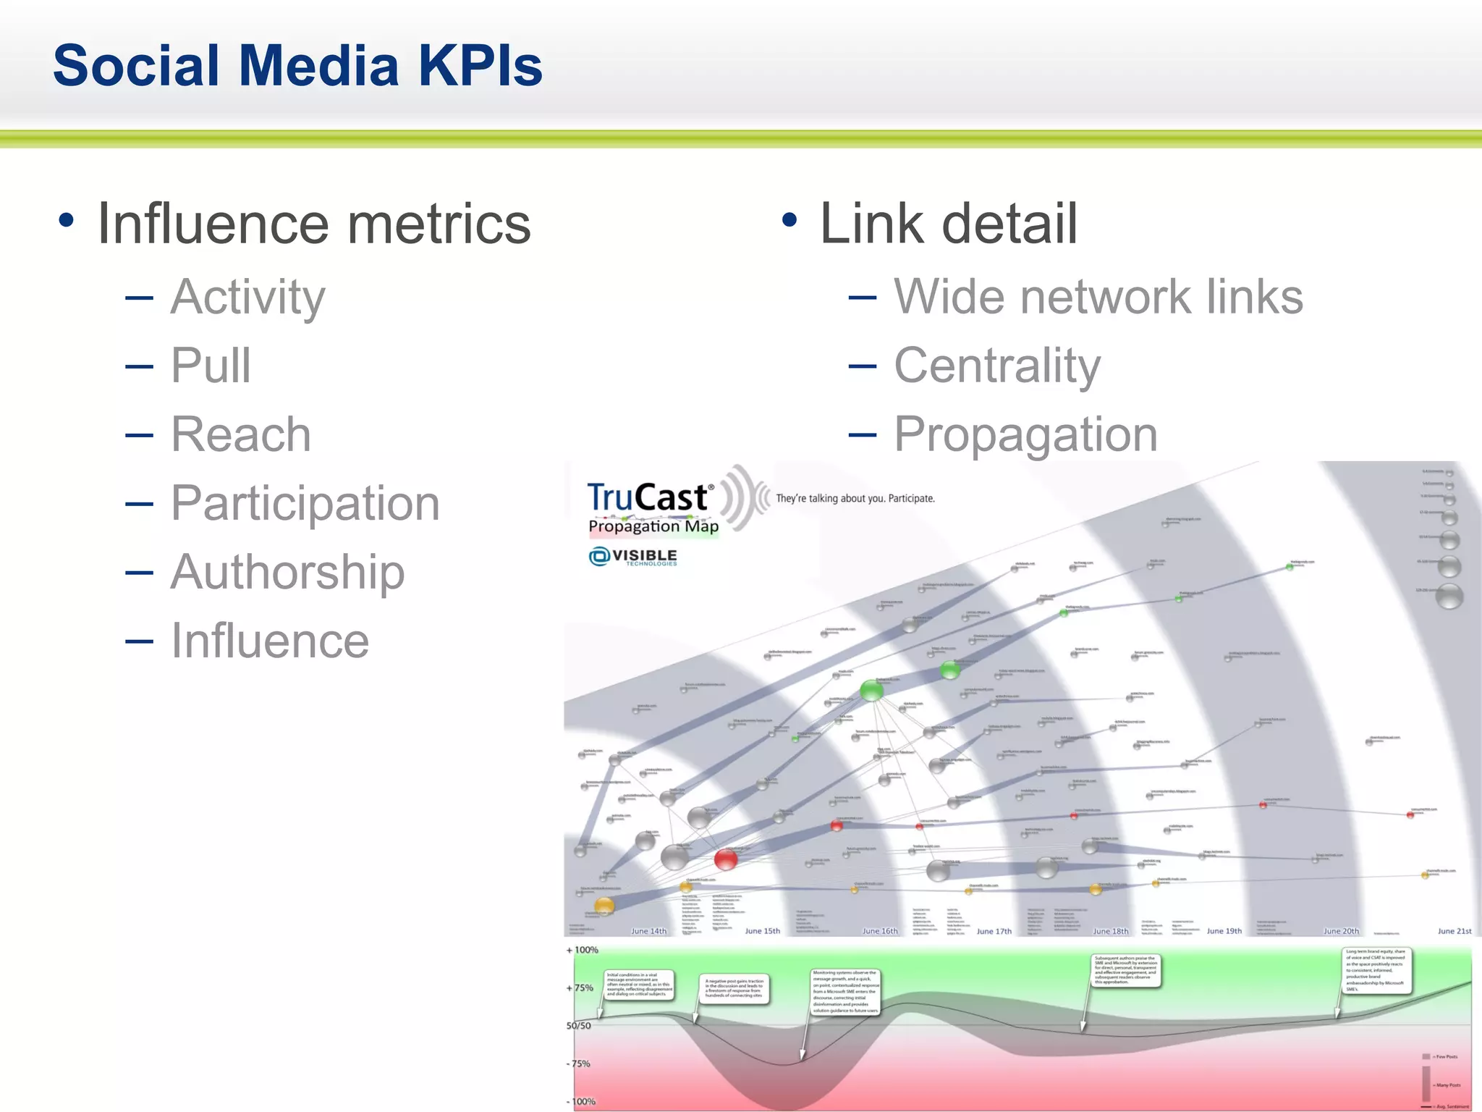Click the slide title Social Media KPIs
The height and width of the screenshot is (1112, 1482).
pos(297,65)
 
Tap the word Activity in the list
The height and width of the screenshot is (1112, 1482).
pos(247,298)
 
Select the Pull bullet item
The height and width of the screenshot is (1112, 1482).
pos(211,366)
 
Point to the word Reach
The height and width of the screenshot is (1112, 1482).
pos(241,434)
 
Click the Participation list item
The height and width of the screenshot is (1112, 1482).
pos(305,503)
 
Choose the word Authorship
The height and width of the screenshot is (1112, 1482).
pos(287,572)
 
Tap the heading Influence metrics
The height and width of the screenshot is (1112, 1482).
pos(314,224)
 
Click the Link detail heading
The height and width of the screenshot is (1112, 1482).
pos(948,224)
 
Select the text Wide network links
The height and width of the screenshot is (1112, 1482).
pos(1098,297)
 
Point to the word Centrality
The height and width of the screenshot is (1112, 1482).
pos(997,366)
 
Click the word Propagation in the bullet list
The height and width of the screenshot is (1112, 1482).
pos(1025,434)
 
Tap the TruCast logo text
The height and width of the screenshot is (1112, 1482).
pos(648,498)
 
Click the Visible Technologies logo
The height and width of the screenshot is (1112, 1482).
pos(633,556)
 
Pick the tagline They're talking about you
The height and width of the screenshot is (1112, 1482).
pos(855,499)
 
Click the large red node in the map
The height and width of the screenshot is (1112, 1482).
pos(725,859)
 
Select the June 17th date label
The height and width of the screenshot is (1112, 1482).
pos(994,931)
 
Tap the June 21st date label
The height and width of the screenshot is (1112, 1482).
pos(1454,931)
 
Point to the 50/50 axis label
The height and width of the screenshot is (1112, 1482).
pos(578,1026)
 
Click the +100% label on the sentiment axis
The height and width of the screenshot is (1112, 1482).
pos(583,950)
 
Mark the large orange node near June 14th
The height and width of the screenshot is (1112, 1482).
pos(604,905)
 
